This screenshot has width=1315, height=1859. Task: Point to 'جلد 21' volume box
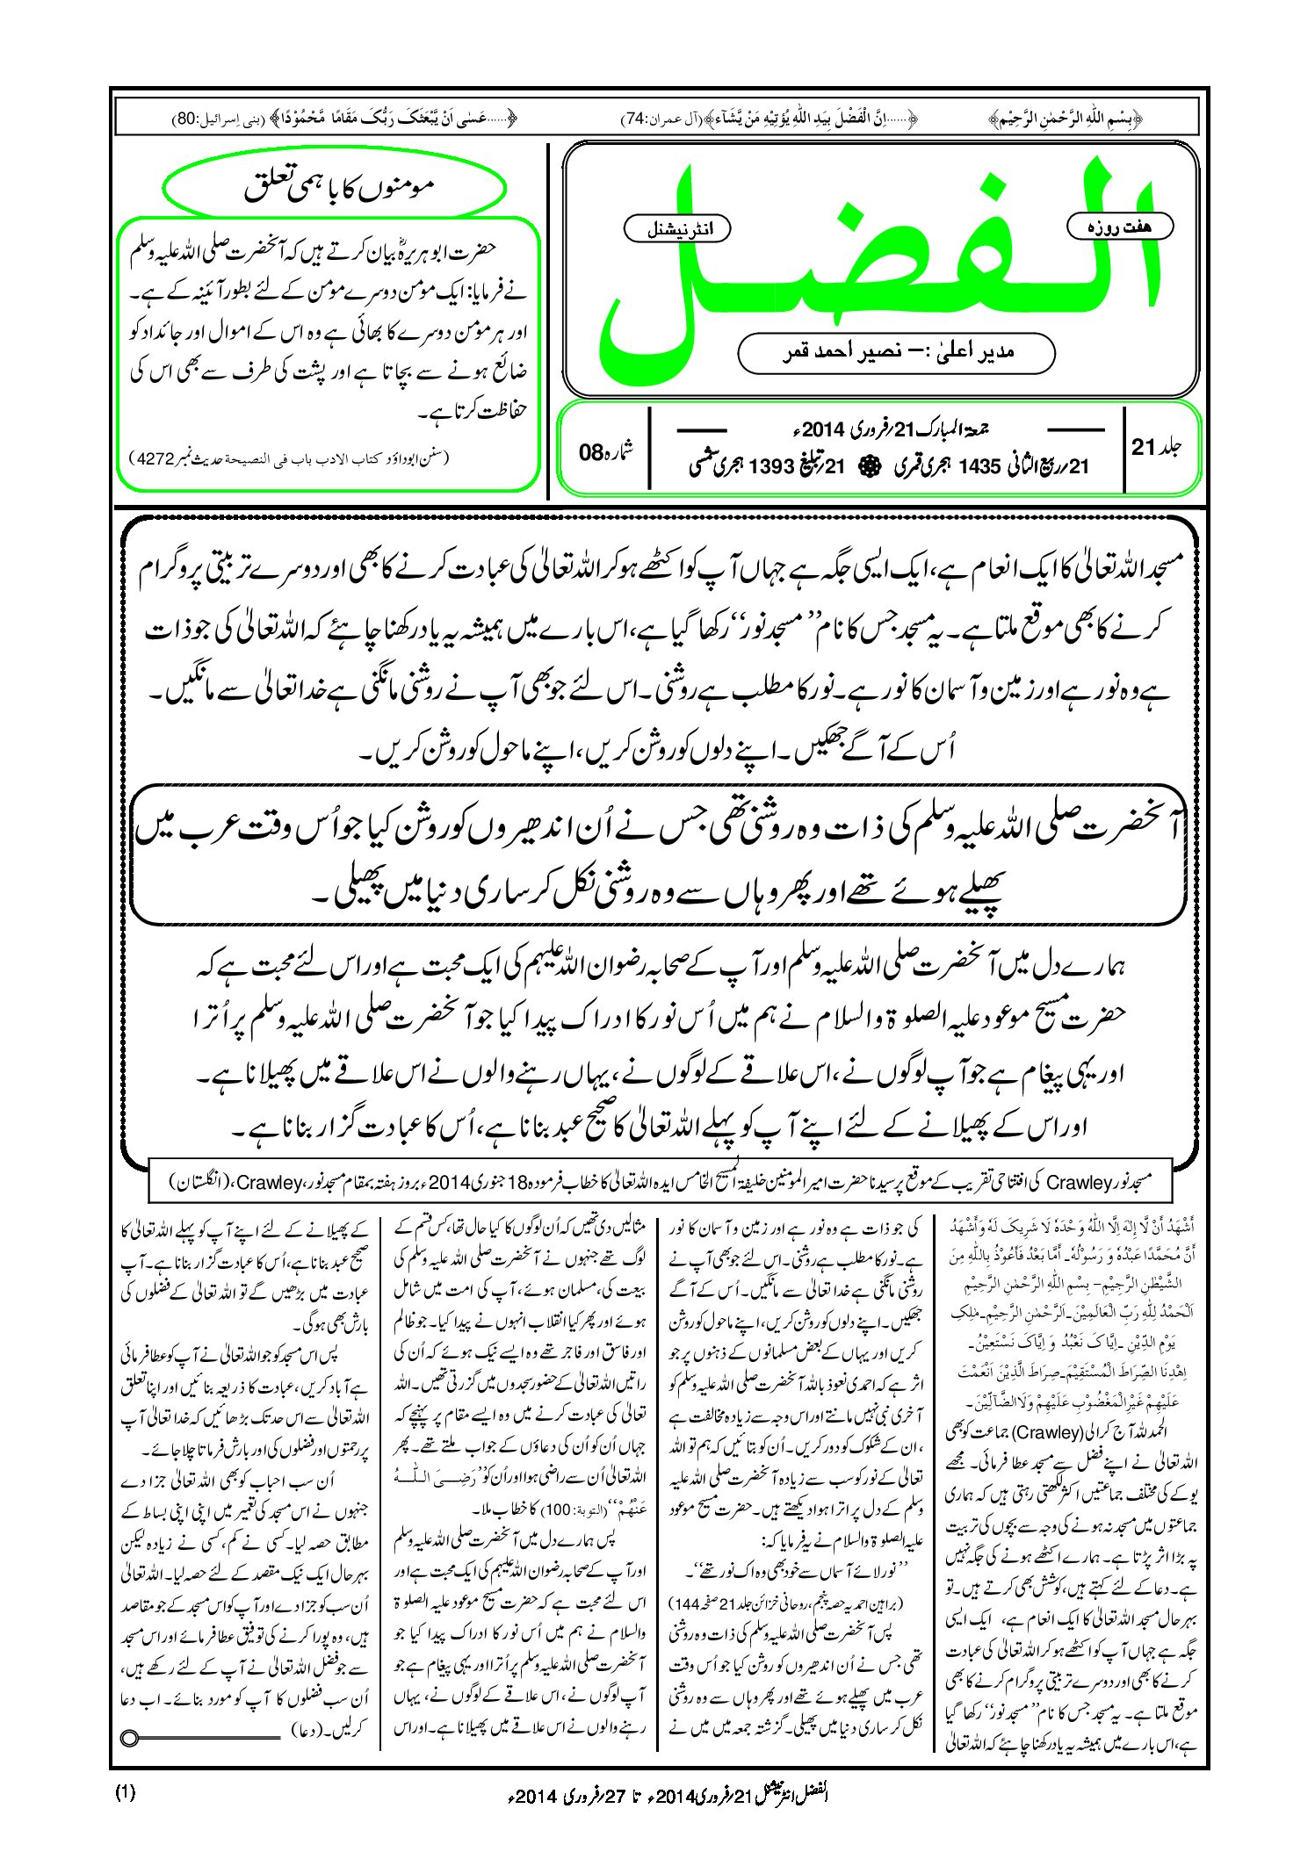[x=1156, y=447]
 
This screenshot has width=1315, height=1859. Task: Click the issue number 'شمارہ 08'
[x=605, y=452]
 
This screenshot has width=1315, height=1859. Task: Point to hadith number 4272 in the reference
[x=157, y=458]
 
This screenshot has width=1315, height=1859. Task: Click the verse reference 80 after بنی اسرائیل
[x=190, y=117]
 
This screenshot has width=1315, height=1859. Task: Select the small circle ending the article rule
[x=131, y=1738]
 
